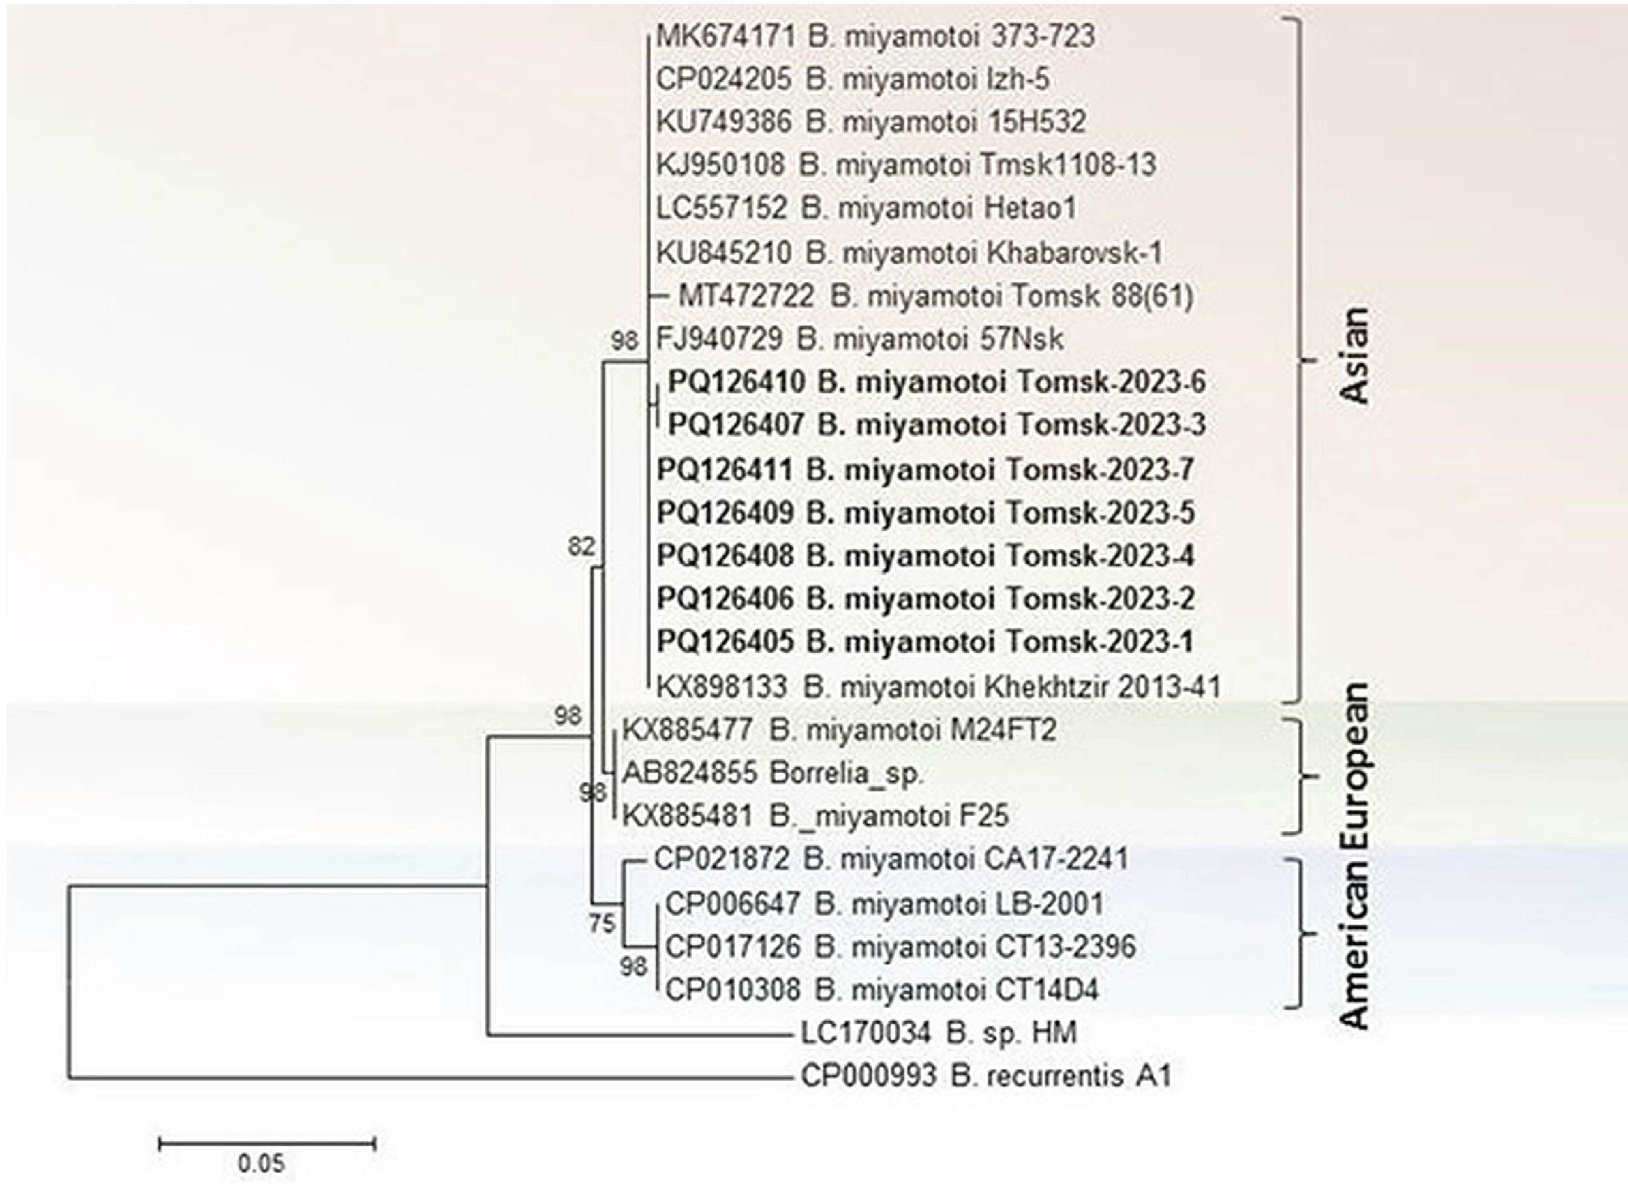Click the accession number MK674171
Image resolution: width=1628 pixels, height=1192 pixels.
tap(724, 36)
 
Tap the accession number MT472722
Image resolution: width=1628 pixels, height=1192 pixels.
tap(746, 295)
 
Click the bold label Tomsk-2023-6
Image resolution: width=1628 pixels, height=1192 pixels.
tap(1111, 382)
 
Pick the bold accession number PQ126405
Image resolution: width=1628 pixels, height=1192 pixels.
tap(724, 641)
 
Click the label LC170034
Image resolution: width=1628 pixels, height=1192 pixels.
tap(865, 1033)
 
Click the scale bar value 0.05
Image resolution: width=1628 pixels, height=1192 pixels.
tap(261, 1163)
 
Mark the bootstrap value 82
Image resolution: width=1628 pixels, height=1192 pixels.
tap(582, 547)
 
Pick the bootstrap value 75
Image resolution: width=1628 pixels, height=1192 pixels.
tap(602, 923)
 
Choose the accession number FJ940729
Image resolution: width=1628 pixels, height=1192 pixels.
tap(718, 338)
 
